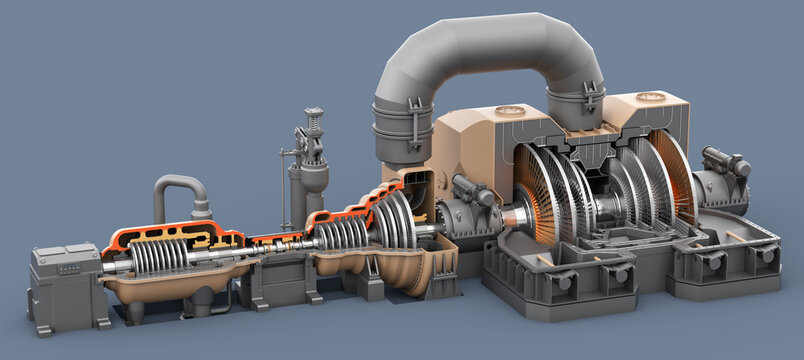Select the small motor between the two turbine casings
(x=473, y=191)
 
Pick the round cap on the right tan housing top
(x=651, y=97)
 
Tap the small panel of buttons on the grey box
(x=68, y=268)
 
